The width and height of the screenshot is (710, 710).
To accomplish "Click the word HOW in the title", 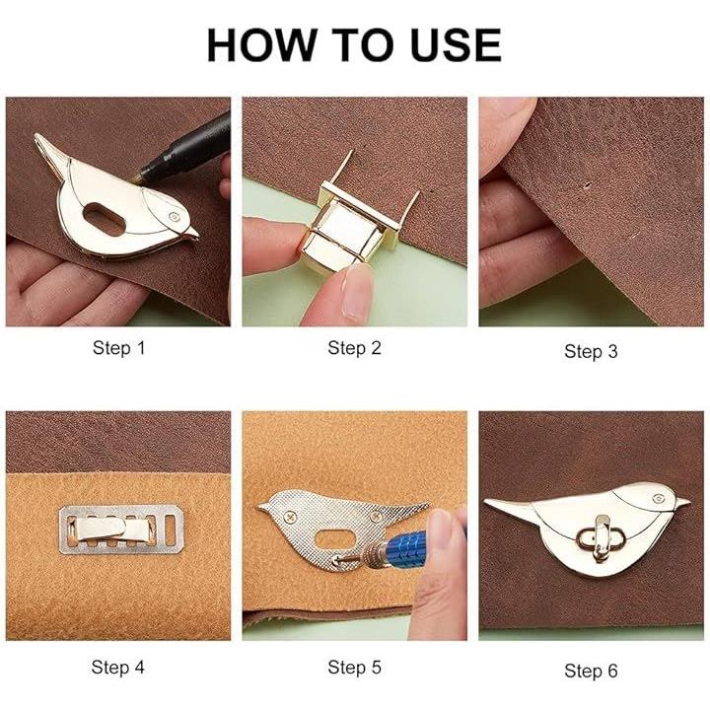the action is pos(260,44).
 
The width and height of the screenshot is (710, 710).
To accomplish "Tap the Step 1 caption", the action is pos(118,348).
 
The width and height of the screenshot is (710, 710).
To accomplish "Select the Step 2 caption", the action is pos(355,348).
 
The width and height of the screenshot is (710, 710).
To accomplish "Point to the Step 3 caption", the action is pos(591,351).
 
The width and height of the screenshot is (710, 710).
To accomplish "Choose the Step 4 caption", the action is pos(117,667).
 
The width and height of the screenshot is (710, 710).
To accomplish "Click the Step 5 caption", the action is pos(355,667).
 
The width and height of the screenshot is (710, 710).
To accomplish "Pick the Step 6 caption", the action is pos(591,671).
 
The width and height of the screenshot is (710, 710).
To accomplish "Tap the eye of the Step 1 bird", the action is pos(174,216).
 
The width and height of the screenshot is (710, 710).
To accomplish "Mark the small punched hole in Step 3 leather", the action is pos(588,184).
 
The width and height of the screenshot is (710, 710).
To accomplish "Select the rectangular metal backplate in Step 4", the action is pos(121,529).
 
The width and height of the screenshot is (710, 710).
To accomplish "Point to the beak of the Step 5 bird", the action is pos(262,506).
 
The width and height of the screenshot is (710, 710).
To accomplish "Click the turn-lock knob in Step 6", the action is pos(601,538).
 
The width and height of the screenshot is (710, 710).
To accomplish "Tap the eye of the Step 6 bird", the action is pos(659,499).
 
